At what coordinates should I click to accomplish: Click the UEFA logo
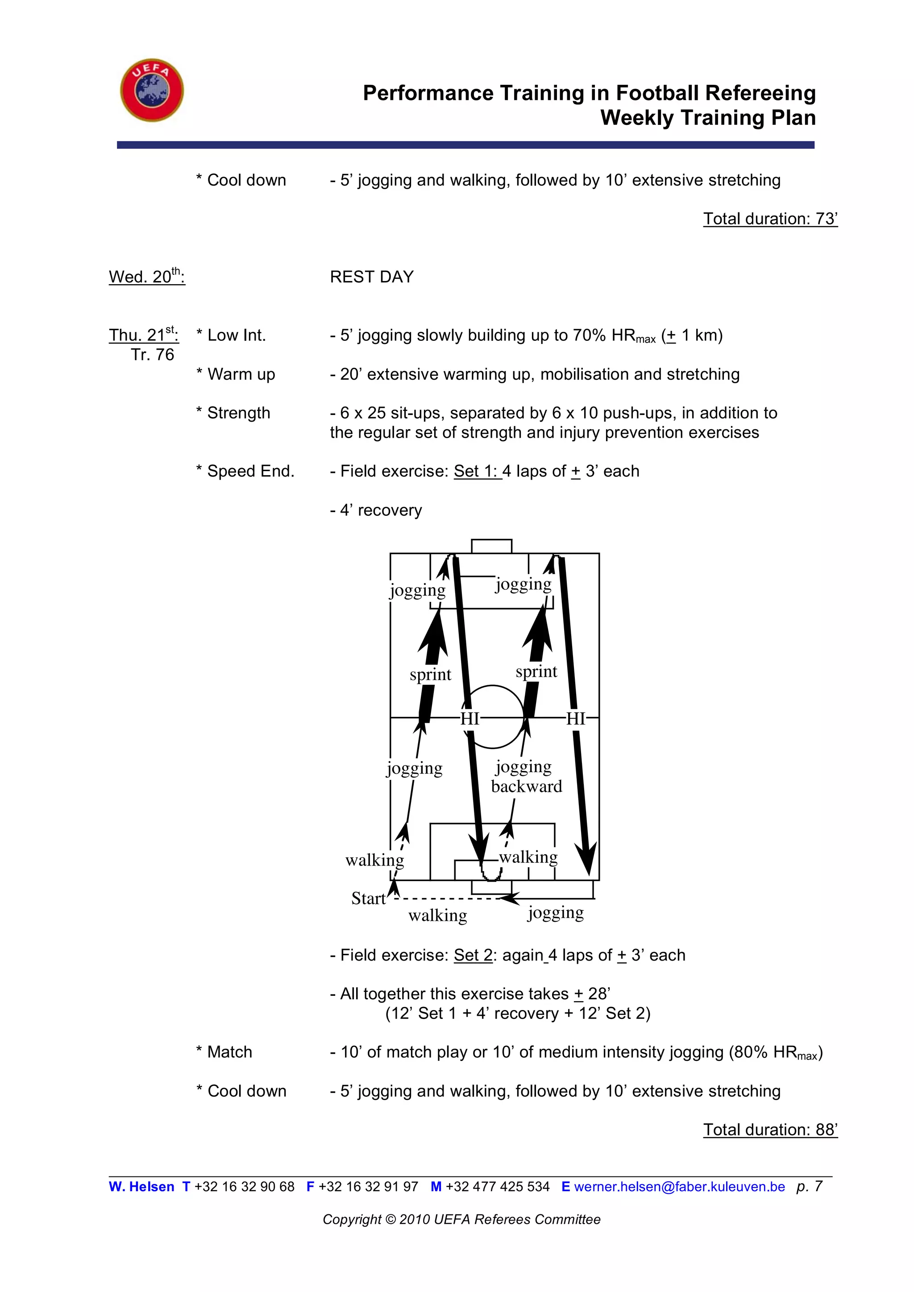point(152,90)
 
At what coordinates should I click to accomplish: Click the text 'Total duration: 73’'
point(770,219)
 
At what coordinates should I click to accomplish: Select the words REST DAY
point(371,277)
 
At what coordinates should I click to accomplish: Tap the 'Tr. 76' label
point(153,355)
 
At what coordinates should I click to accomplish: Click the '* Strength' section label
point(233,413)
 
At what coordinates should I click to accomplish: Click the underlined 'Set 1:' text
point(477,471)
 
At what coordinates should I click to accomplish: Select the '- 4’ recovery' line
point(375,510)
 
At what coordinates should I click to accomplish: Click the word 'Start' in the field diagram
point(368,898)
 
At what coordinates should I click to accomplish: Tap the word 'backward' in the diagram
point(526,786)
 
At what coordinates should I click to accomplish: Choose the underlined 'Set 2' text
point(473,956)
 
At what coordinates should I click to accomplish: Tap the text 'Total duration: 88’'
point(770,1130)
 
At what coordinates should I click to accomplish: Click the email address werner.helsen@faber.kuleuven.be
point(679,1187)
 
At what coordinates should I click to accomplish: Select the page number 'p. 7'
point(809,1186)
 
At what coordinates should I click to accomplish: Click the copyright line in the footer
point(461,1219)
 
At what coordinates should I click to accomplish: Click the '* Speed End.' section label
point(245,471)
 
